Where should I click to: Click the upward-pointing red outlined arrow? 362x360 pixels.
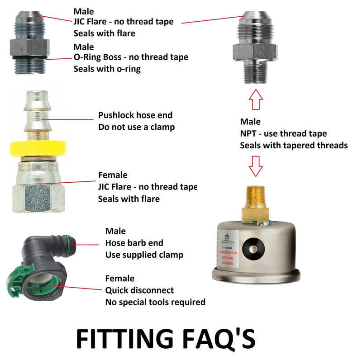tap(256, 100)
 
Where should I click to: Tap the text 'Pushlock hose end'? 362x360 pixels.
tap(135, 115)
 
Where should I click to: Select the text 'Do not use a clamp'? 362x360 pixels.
tap(136, 127)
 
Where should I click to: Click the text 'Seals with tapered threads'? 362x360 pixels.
tap(294, 145)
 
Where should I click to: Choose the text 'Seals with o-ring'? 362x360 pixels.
tap(107, 69)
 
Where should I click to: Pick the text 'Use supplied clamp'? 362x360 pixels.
tap(144, 255)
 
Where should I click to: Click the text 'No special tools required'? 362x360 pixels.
tap(155, 302)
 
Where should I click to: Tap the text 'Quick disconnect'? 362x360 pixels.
tap(139, 290)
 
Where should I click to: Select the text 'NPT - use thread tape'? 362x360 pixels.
tap(283, 133)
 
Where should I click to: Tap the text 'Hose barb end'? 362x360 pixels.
tap(134, 243)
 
